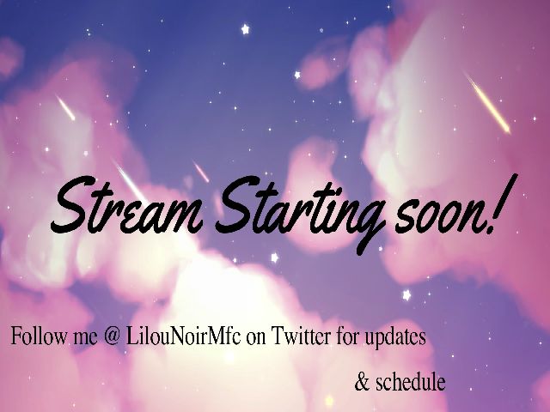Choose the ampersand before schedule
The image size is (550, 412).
pos(361,382)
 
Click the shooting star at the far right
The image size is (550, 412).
pos(487,103)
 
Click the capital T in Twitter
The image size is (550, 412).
pos(277,336)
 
